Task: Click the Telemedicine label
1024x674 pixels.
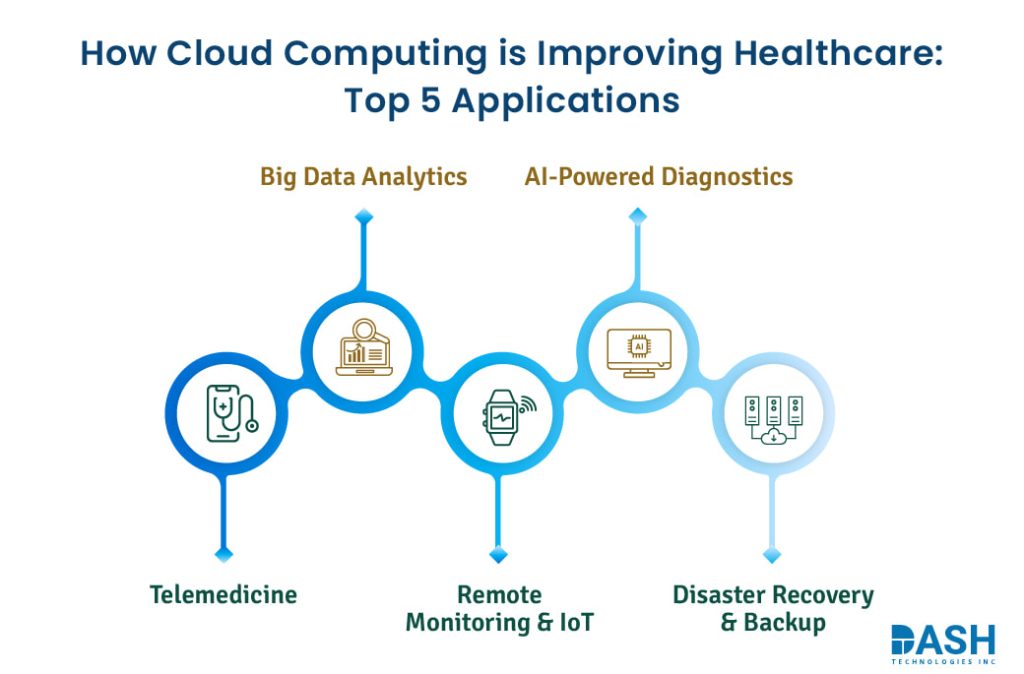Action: coord(223,595)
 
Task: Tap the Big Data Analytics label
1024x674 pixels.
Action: coord(363,177)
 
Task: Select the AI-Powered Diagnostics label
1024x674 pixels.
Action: coord(658,177)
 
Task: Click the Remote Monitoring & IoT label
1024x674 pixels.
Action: coord(499,608)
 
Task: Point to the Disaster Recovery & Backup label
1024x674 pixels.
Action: coord(772,609)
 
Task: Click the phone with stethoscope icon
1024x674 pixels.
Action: coord(229,412)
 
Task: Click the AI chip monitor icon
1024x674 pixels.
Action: coord(638,350)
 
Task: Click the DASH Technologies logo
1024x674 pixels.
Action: coord(942,644)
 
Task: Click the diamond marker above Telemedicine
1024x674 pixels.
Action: coord(224,553)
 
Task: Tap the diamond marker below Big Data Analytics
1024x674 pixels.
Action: coord(364,215)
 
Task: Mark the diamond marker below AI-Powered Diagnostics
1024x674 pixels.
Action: coord(638,215)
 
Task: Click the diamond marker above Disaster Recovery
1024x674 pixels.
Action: coord(771,553)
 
